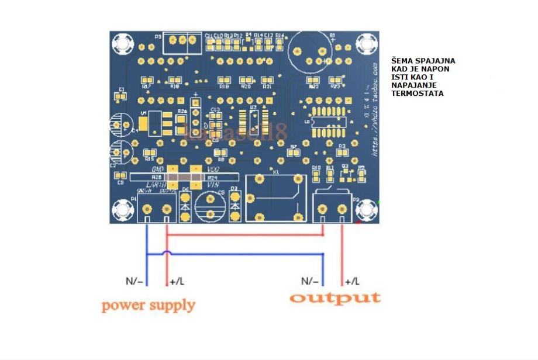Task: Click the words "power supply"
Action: pos(148,304)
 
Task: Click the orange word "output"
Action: pos(334,297)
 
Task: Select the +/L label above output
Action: pos(353,281)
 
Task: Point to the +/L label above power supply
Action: pos(177,282)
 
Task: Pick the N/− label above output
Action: pos(310,281)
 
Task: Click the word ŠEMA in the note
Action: pos(405,60)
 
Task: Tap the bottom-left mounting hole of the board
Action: pos(123,209)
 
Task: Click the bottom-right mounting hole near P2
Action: pos(367,209)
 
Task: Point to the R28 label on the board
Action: pos(156,176)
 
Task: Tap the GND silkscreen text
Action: pos(156,168)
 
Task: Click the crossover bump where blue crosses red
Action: pos(167,254)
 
